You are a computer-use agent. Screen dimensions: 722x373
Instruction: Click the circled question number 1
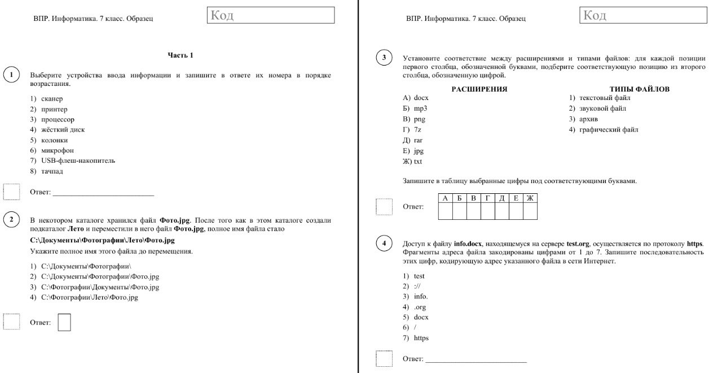coord(11,75)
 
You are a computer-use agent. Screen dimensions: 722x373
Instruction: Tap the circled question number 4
coord(384,243)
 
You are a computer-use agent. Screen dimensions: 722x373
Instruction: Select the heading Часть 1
coord(180,55)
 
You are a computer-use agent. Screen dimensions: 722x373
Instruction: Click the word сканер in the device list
coord(52,98)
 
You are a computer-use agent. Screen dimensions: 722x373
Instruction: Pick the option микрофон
coord(58,150)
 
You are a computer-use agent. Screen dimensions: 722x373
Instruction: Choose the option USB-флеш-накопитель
coord(78,161)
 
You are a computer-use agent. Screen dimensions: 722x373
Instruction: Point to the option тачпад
coord(52,171)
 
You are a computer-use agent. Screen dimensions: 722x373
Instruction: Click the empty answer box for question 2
coord(64,322)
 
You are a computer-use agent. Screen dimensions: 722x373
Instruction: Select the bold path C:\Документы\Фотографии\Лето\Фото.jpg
coord(102,240)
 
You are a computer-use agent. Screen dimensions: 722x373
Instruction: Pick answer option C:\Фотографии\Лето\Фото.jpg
coord(90,297)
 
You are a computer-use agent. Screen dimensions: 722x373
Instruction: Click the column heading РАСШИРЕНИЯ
coord(479,89)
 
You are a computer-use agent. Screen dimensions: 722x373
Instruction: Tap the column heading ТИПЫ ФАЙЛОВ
coord(640,89)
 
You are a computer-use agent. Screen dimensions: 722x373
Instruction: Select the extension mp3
coord(420,109)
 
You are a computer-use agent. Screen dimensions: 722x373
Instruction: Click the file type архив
coord(588,119)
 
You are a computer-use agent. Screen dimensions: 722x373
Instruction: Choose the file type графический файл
coord(609,130)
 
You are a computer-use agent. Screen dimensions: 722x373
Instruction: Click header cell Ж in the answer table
coord(530,198)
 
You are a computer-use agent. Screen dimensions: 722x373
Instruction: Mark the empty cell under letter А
coord(446,211)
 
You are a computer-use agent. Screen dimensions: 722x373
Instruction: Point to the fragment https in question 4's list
coord(421,338)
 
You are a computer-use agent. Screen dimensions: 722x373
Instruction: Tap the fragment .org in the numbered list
coord(420,307)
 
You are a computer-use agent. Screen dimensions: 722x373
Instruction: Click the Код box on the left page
coord(271,15)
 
